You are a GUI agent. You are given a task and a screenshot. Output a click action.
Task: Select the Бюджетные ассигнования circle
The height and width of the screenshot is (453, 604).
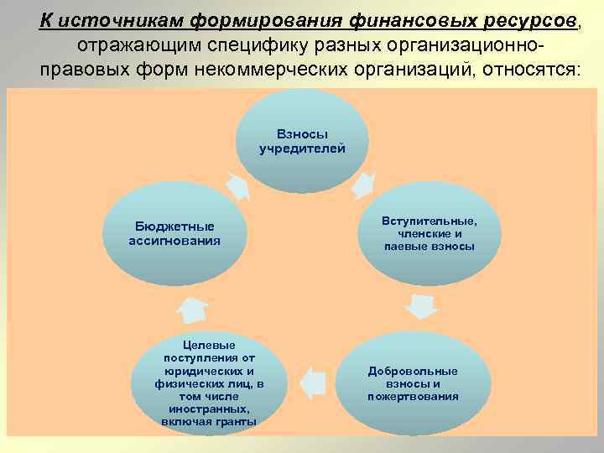[x=174, y=234]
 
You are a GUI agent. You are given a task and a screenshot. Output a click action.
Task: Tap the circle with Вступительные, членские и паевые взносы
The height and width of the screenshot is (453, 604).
[x=429, y=234]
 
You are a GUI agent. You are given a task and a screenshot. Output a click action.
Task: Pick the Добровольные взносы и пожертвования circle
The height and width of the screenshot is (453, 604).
[x=413, y=383]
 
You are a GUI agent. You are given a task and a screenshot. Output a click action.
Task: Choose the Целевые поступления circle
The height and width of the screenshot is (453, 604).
[x=209, y=383]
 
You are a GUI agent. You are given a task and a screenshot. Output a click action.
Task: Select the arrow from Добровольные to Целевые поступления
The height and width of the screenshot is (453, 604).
[x=312, y=383]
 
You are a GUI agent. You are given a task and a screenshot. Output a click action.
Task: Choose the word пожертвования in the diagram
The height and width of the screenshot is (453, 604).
[x=413, y=396]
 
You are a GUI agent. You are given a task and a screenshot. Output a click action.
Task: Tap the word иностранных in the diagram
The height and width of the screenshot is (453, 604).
[x=208, y=409]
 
